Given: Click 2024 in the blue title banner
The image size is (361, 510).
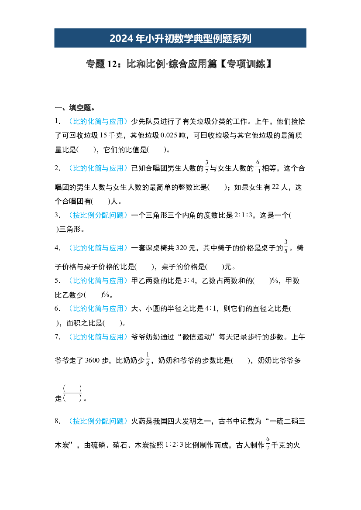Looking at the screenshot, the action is (x=121, y=38).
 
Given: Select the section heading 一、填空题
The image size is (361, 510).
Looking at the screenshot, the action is (x=75, y=107).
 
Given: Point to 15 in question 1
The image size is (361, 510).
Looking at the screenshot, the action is (x=103, y=135).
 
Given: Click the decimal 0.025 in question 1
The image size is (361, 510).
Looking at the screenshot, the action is (x=169, y=135).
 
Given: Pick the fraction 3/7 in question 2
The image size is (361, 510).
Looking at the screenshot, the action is (x=207, y=167).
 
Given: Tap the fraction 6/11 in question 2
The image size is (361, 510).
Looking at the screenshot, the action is (x=258, y=167).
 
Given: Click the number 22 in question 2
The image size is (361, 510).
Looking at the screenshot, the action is (x=275, y=187).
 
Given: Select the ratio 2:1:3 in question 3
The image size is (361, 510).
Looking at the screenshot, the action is (x=243, y=215).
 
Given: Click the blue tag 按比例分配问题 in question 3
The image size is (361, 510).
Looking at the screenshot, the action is (x=98, y=215).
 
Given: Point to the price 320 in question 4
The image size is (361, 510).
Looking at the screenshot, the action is (x=181, y=248).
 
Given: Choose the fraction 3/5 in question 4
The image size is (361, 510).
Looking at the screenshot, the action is (x=286, y=246).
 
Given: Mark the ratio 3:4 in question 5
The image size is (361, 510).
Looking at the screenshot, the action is (x=189, y=281).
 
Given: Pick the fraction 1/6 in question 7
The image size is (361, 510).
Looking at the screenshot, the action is (x=148, y=359).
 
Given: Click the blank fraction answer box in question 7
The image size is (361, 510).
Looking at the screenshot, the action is (x=72, y=393).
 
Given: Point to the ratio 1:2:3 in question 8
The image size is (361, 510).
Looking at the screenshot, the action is (x=174, y=445).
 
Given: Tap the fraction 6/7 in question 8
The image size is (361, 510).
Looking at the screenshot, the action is (x=268, y=443).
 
